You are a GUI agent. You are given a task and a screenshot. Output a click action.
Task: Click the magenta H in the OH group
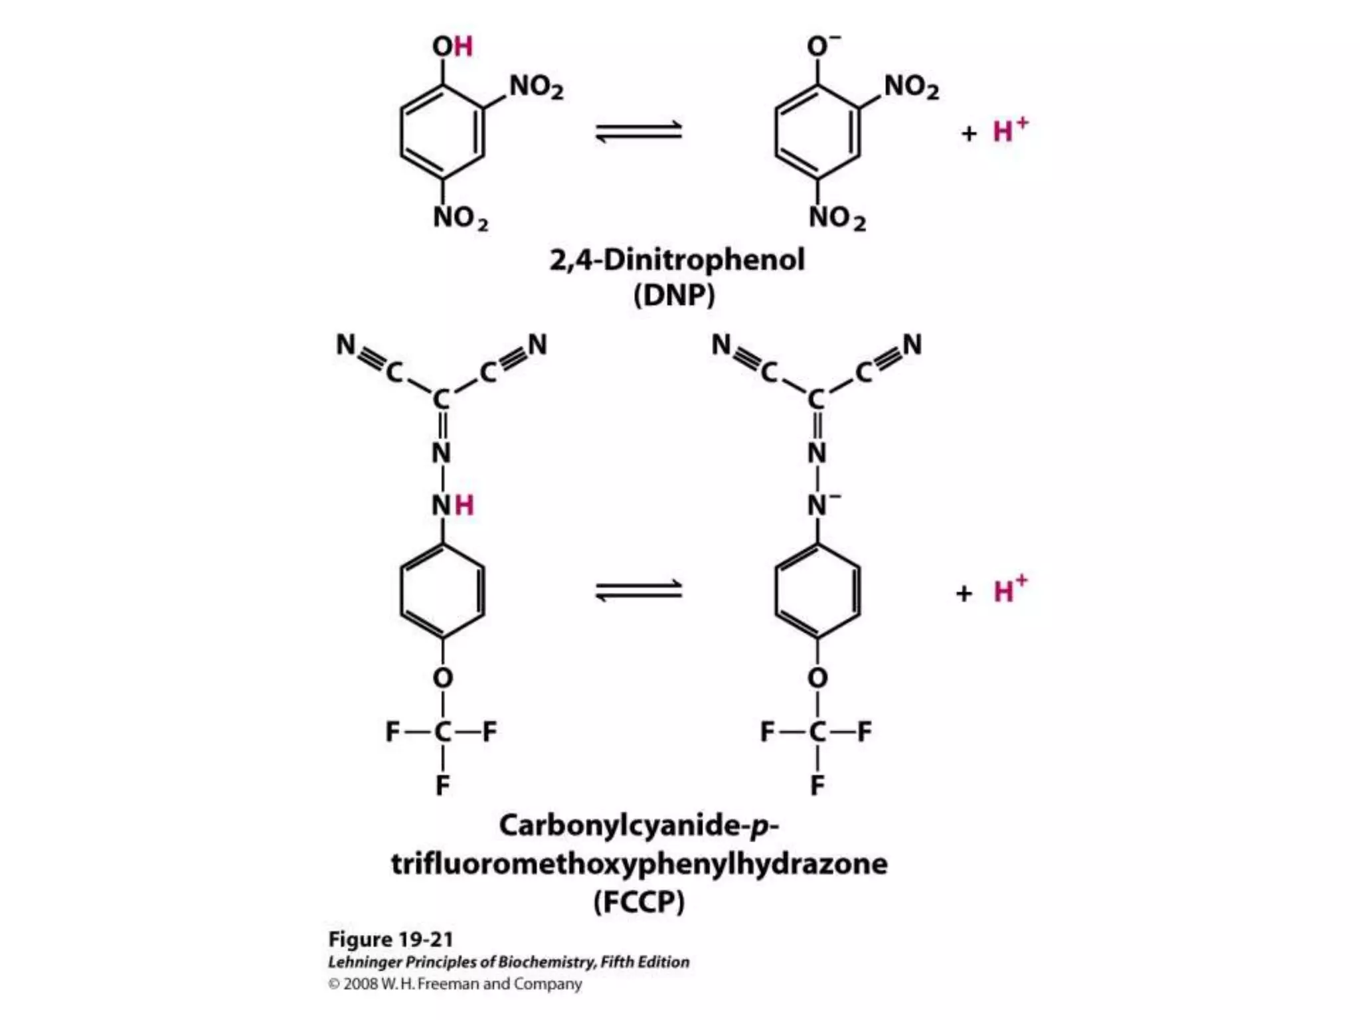pyautogui.click(x=464, y=46)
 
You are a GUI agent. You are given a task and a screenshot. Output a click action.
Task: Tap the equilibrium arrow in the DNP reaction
pyautogui.click(x=638, y=130)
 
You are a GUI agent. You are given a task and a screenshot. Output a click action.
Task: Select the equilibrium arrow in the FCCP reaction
pyautogui.click(x=638, y=590)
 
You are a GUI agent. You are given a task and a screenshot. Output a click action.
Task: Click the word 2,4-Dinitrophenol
pyautogui.click(x=677, y=260)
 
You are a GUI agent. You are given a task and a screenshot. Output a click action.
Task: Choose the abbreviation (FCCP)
pyautogui.click(x=638, y=902)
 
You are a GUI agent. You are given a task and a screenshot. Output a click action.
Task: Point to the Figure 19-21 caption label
pyautogui.click(x=390, y=940)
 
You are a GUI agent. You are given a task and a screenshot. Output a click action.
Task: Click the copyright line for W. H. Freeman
pyautogui.click(x=455, y=983)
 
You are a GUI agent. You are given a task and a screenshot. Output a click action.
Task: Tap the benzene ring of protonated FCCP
pyautogui.click(x=442, y=591)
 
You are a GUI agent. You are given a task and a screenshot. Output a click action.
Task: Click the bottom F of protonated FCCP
pyautogui.click(x=442, y=786)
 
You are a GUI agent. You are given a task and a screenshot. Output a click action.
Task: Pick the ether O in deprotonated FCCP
pyautogui.click(x=817, y=678)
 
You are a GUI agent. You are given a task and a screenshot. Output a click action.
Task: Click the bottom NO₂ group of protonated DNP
pyautogui.click(x=460, y=218)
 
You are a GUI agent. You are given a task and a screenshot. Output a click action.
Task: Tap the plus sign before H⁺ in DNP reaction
pyautogui.click(x=969, y=133)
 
